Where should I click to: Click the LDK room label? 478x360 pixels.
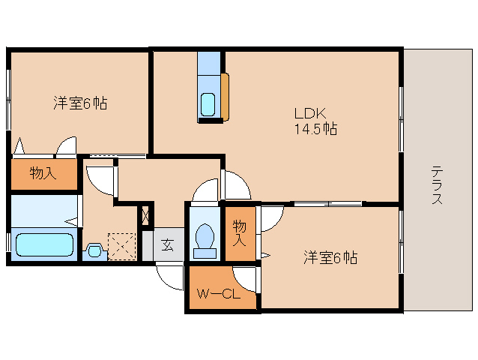[x=310, y=113]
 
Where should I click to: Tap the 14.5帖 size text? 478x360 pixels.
[x=315, y=128]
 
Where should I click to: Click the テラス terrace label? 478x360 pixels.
[x=437, y=185]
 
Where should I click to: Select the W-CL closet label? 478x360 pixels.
[x=219, y=294]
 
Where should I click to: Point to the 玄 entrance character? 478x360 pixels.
[x=167, y=244]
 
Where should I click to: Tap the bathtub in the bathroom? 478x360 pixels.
[x=44, y=244]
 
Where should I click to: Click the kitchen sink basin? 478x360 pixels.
[x=208, y=105]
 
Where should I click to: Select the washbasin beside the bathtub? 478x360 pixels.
[x=94, y=250]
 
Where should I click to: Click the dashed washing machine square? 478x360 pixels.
[x=121, y=247]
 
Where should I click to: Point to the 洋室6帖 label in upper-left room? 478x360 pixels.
[x=80, y=103]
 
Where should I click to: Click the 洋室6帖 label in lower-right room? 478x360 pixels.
[x=330, y=257]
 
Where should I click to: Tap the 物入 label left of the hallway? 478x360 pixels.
[x=43, y=173]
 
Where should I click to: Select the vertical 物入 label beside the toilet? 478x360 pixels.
[x=239, y=233]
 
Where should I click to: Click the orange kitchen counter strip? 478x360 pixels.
[x=225, y=97]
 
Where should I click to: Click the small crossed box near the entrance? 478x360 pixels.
[x=145, y=215]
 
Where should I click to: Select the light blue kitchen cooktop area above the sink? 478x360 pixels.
[x=208, y=63]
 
